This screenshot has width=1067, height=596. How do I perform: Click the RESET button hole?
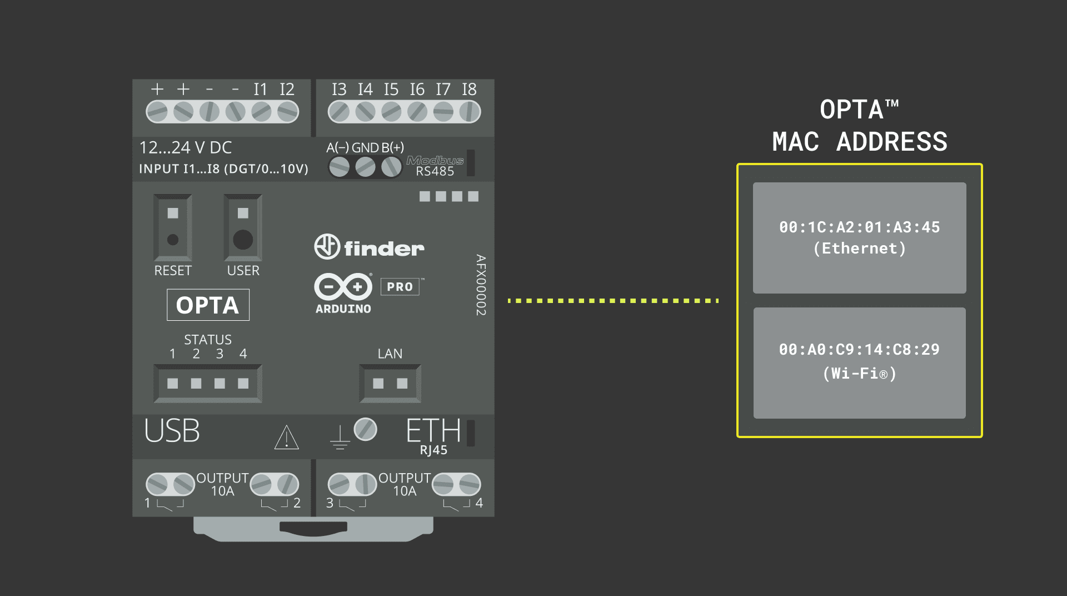coord(173,240)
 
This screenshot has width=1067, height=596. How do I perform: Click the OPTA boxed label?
coord(208,305)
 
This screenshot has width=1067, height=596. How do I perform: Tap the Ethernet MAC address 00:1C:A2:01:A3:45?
coord(859,227)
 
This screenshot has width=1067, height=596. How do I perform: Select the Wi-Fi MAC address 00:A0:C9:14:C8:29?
coord(859,350)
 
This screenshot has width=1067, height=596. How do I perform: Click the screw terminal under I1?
coord(261,112)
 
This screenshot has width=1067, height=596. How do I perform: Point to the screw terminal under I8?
coord(470,112)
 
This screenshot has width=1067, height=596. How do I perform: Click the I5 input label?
coord(391,90)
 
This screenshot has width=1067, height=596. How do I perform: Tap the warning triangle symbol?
coord(287,438)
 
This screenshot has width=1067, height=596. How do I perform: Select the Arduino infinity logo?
coord(343,287)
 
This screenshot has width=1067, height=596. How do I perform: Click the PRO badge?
coord(400,287)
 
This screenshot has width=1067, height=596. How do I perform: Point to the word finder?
coord(384,249)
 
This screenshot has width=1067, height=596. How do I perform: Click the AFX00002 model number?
coord(481,285)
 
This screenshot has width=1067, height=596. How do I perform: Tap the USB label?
coord(172,431)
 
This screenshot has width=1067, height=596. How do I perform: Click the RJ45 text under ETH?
coord(433,450)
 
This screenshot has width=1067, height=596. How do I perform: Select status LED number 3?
coord(220,384)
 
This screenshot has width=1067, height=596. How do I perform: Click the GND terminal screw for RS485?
coord(365,167)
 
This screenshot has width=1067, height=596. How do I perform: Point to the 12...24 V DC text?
coord(186,148)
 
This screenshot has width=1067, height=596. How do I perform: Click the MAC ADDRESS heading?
coord(859,142)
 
